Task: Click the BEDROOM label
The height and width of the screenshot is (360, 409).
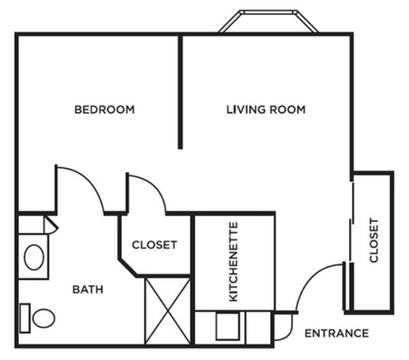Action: (104, 110)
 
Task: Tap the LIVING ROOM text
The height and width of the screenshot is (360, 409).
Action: (266, 110)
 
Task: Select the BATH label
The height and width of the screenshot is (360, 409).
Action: (88, 290)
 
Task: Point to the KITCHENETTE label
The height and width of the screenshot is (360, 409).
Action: (233, 262)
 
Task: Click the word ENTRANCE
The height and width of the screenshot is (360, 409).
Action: (337, 333)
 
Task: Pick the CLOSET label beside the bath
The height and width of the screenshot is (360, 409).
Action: (155, 245)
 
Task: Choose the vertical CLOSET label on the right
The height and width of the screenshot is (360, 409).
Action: (374, 240)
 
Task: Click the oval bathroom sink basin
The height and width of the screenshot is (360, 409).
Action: (34, 257)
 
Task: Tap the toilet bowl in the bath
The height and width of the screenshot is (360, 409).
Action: (44, 318)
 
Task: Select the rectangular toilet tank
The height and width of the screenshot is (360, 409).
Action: (25, 318)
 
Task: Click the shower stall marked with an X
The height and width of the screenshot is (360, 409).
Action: (168, 311)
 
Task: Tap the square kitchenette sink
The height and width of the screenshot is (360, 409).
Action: (228, 327)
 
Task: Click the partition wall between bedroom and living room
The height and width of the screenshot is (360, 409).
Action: (180, 92)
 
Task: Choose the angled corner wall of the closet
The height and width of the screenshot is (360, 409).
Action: (128, 268)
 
